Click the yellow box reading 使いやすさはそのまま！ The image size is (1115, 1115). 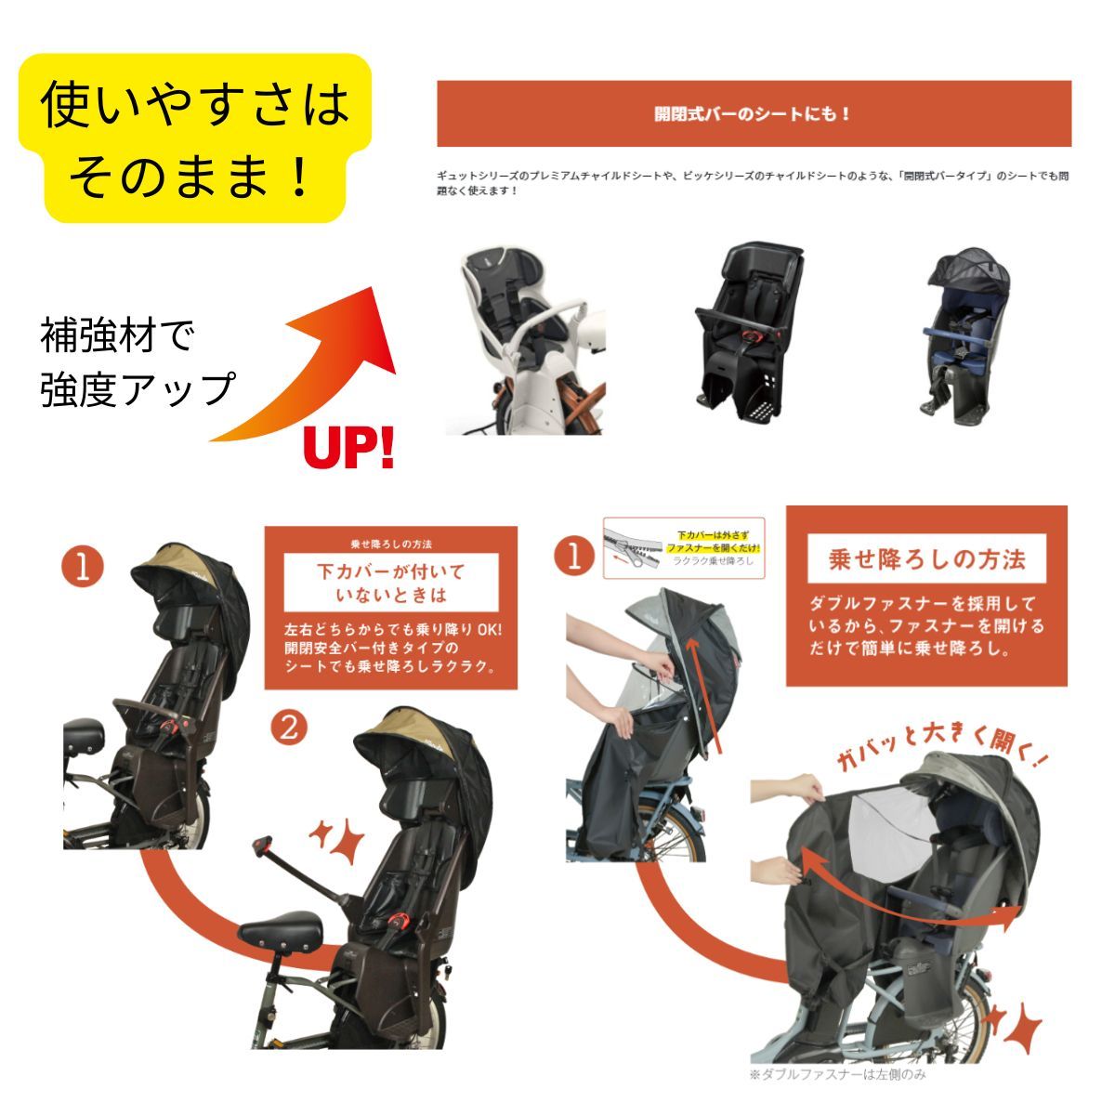point(195,138)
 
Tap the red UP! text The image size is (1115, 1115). point(349,447)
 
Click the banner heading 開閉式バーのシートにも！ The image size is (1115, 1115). point(753,114)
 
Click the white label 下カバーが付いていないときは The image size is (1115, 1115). point(390,582)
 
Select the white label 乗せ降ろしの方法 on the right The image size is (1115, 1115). point(926,559)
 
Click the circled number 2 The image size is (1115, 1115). point(289,727)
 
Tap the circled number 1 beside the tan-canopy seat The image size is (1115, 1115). point(83,569)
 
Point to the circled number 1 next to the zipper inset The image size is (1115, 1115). point(573,557)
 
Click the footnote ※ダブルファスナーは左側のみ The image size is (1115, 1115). point(837,1075)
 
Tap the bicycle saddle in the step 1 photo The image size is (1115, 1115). point(86,734)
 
